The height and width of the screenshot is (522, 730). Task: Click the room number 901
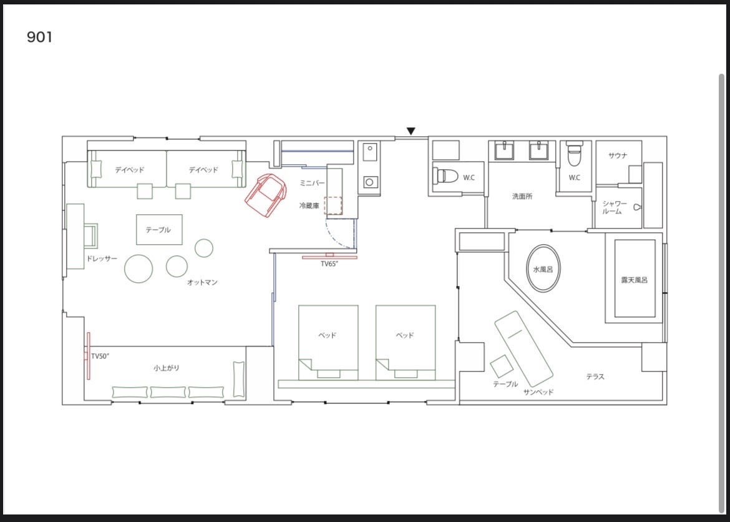coord(39,37)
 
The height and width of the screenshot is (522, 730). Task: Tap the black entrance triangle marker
coord(411,131)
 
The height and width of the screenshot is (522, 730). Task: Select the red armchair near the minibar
coord(265,195)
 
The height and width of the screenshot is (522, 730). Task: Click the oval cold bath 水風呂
coord(543,269)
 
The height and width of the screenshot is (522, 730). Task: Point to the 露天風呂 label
coord(634,280)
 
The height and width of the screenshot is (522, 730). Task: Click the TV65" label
coord(329,264)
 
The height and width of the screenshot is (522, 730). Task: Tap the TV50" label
coord(100,357)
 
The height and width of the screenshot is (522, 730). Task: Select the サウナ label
coord(618,155)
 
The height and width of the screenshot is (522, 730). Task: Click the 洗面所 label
coord(522,196)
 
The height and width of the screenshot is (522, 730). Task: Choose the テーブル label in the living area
coord(158,230)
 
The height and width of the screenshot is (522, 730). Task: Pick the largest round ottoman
coord(139,268)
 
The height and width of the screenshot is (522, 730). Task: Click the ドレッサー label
coord(102,259)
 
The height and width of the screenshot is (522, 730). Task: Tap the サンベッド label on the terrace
coord(538,392)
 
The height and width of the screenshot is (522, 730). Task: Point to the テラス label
coord(595,377)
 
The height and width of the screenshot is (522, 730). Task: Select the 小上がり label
coord(166,368)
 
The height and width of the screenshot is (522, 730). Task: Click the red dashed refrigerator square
coord(333,205)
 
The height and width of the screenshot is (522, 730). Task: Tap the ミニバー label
coord(312,183)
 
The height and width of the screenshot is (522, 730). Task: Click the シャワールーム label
coord(615,207)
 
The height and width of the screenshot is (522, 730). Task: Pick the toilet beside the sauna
coord(575,154)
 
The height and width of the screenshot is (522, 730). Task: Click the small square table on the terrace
coord(501,367)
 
